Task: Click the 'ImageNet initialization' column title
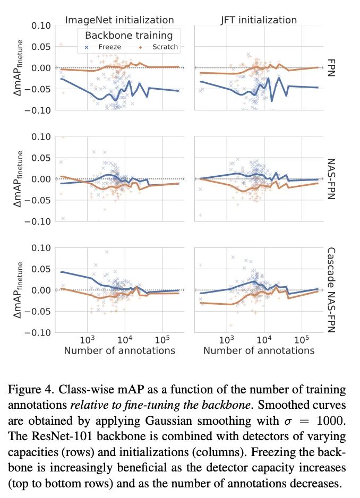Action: [119, 20]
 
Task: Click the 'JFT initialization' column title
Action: [259, 20]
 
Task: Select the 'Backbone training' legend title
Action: [129, 36]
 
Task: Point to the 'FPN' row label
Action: [330, 67]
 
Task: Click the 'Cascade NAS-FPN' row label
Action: [330, 289]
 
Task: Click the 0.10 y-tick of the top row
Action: [41, 25]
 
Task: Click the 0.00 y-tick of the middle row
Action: [41, 179]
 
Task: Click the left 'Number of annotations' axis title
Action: [119, 351]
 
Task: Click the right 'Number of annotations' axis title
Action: [259, 351]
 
